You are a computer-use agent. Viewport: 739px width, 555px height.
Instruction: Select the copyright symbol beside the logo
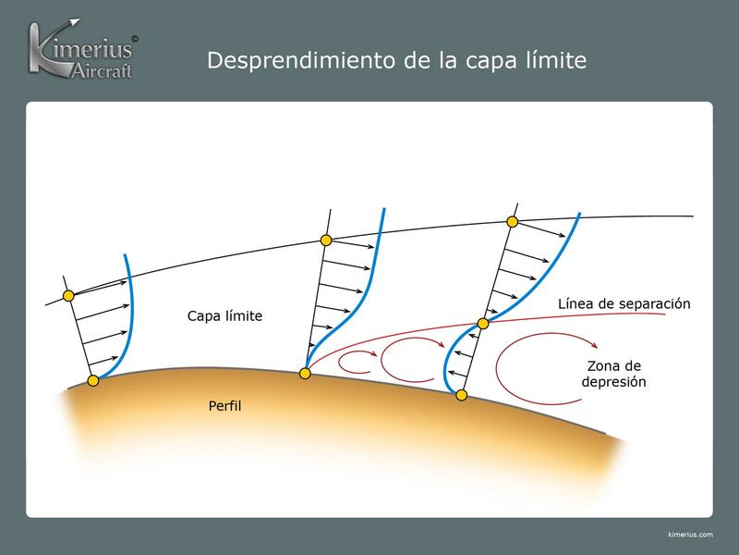tap(136, 40)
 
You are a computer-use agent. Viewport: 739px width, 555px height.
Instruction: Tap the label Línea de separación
tap(624, 303)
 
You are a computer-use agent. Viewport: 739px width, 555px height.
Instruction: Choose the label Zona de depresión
tap(616, 372)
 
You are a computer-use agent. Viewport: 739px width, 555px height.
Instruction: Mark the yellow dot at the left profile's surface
tap(93, 380)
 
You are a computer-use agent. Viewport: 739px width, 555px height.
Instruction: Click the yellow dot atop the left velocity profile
tap(67, 296)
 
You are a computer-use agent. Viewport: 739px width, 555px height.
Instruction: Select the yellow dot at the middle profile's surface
tap(305, 374)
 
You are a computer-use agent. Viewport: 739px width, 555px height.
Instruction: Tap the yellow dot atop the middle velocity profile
tap(325, 240)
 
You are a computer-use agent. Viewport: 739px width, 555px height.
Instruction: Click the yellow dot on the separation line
tap(482, 324)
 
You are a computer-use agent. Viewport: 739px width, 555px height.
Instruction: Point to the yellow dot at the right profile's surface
tap(461, 395)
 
